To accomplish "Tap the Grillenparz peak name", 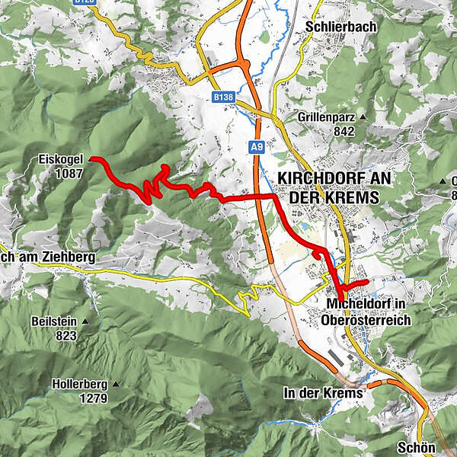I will tap(330, 117).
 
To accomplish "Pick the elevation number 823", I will tap(66, 335).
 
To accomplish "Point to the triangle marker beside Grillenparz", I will tap(363, 117).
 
